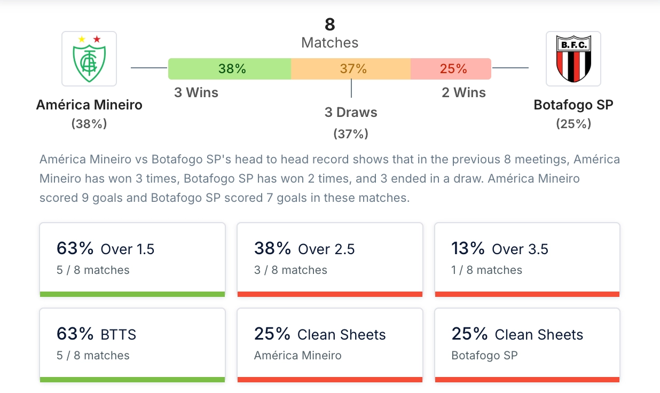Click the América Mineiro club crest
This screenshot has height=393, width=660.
[x=89, y=59]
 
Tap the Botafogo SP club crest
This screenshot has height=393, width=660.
[x=573, y=59]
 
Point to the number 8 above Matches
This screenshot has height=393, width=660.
[x=330, y=25]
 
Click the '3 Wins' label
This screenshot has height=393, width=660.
[x=196, y=93]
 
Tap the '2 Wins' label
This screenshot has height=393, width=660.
[x=463, y=93]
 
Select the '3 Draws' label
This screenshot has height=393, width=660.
[x=351, y=113]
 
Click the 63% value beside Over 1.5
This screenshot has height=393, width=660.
[x=75, y=248]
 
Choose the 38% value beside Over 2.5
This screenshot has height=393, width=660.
[x=273, y=248]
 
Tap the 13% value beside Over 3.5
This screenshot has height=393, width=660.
[x=468, y=248]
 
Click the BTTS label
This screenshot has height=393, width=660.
[x=119, y=335]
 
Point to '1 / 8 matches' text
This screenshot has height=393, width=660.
[x=486, y=270]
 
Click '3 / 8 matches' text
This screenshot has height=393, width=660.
[x=290, y=270]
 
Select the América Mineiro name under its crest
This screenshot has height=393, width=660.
[x=89, y=105]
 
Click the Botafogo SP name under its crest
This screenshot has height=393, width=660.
[x=573, y=105]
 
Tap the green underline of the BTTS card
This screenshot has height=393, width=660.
[x=132, y=380]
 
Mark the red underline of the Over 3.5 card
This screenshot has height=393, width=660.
[x=527, y=294]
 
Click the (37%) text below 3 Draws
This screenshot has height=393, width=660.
[x=351, y=134]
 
